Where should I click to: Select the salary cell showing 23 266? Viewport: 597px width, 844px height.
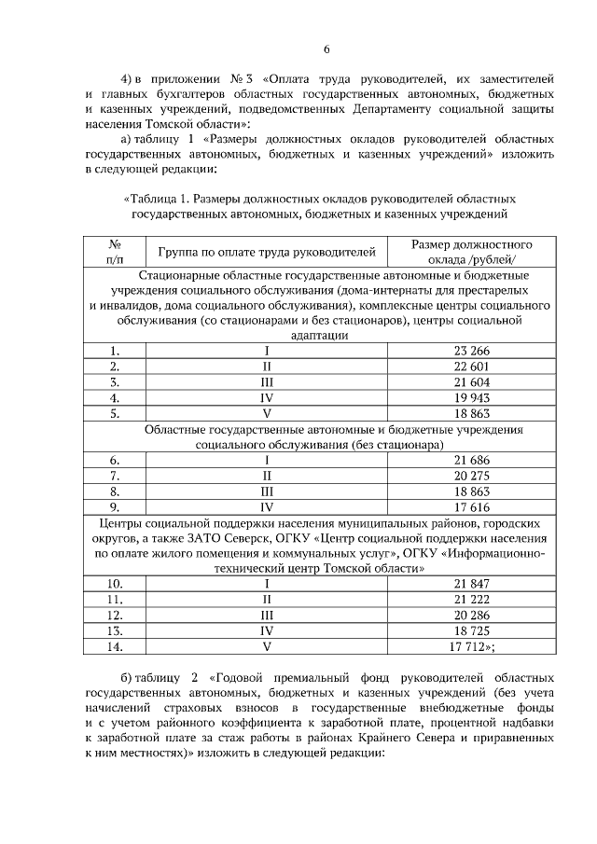[x=472, y=351]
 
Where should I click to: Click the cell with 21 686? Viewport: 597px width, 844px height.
[x=472, y=461]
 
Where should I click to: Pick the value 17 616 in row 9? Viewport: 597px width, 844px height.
[x=472, y=506]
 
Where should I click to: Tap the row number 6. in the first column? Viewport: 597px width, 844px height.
[x=116, y=461]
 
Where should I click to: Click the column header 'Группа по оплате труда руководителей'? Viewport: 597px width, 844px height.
[x=266, y=251]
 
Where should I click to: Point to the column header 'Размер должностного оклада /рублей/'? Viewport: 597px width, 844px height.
[x=472, y=251]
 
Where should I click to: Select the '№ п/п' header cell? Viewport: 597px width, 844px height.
[x=116, y=251]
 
